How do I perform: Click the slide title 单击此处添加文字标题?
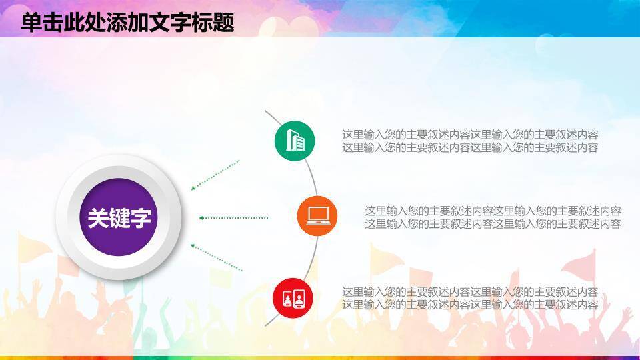(x=127, y=22)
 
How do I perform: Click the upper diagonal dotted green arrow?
(x=215, y=175)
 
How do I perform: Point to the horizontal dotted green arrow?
(x=233, y=217)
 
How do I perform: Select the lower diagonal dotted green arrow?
(x=215, y=257)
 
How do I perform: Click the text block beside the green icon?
(x=470, y=141)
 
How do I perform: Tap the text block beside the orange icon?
(x=493, y=217)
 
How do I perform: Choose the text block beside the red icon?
(x=470, y=298)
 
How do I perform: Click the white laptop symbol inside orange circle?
(x=317, y=215)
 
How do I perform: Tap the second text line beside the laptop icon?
(x=493, y=224)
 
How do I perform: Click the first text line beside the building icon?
(x=470, y=134)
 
